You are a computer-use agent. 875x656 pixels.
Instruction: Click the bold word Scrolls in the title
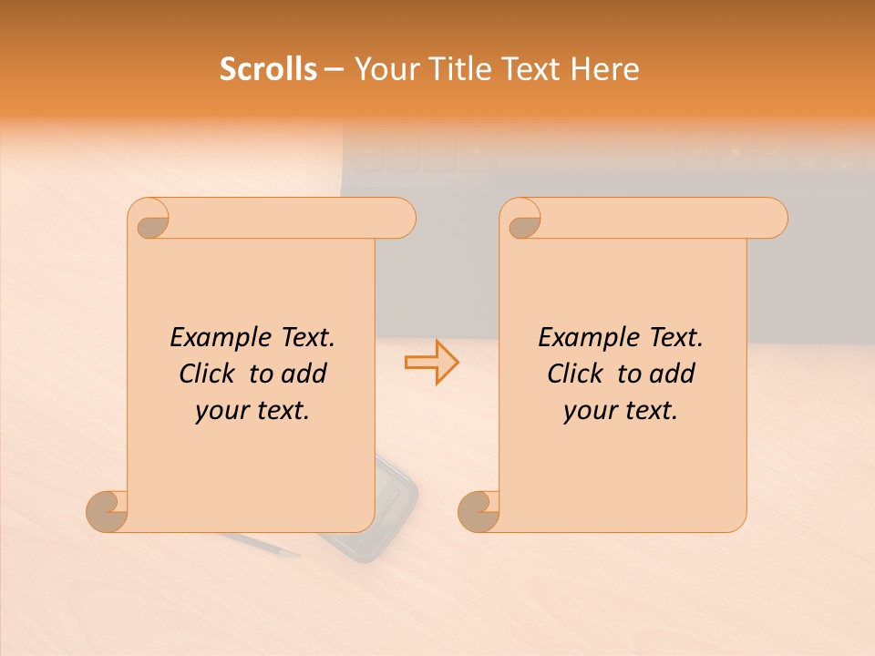point(268,69)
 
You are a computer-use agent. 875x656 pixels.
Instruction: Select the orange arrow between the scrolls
point(431,362)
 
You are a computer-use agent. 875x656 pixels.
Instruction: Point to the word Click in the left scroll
point(209,374)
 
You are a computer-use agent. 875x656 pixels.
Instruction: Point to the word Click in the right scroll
point(577,374)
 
